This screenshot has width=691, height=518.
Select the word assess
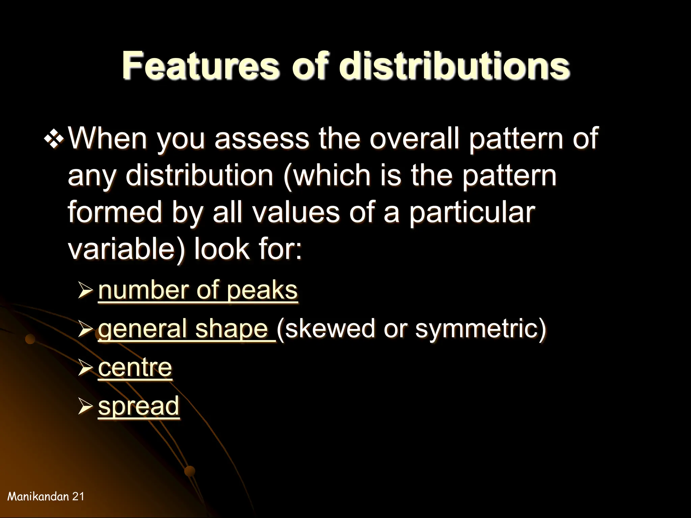pos(262,139)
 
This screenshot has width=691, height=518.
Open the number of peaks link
pos(198,290)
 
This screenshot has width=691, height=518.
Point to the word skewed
pos(325,329)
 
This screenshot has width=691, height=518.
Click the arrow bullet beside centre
pos(85,368)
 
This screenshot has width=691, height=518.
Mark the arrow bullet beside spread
pos(85,407)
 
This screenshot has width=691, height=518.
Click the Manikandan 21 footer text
pos(46,496)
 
